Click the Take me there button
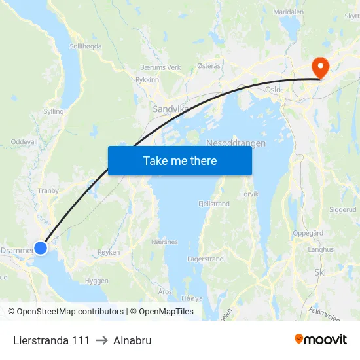[180, 160]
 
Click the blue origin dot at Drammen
[41, 247]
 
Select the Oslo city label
[273, 90]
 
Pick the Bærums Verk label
[160, 67]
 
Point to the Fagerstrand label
[206, 259]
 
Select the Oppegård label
[308, 233]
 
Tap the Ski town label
[320, 272]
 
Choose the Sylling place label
[53, 111]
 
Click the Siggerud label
[343, 210]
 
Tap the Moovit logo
[321, 340]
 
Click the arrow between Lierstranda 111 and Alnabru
[101, 340]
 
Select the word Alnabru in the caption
[132, 340]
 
